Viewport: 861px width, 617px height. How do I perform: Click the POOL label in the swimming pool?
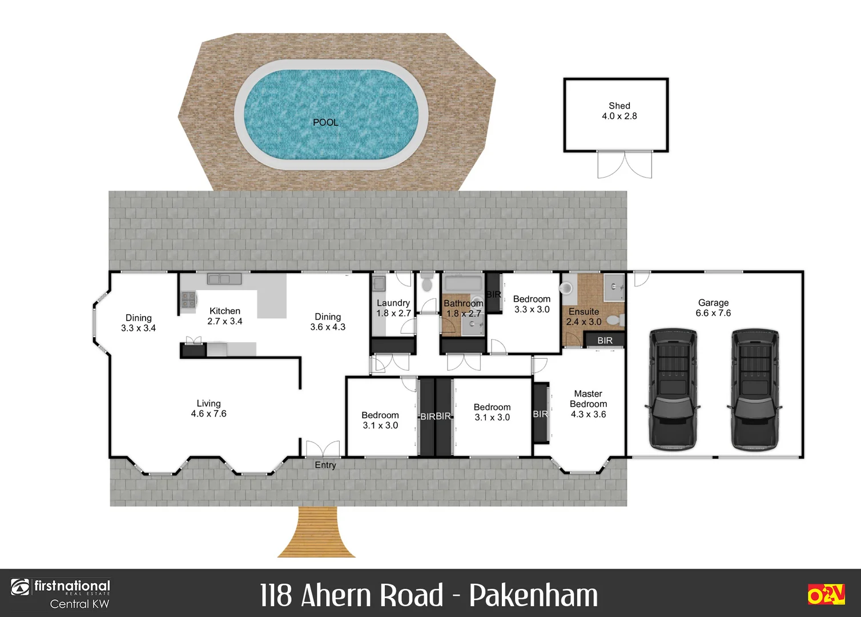coord(325,122)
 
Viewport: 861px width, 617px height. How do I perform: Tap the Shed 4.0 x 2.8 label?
coord(619,111)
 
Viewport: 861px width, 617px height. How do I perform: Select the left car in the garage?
coord(673,389)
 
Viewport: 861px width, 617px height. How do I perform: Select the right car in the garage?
coord(755,389)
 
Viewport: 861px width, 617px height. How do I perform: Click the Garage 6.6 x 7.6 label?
coord(713,308)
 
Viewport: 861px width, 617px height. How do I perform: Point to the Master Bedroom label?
coord(588,403)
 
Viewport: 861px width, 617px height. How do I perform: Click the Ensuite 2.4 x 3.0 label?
coord(584,316)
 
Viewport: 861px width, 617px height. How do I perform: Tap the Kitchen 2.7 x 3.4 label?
coord(224,316)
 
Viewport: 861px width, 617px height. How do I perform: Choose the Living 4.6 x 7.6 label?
coord(208,408)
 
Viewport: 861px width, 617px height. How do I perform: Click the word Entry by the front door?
coord(325,465)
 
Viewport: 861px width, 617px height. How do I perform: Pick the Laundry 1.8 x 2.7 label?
coord(393,308)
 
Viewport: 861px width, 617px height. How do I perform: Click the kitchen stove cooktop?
coord(188,299)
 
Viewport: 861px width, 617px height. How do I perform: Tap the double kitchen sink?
coord(224,279)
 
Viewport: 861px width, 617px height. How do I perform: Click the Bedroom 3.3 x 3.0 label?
coord(532,304)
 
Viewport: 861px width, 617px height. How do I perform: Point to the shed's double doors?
coord(625,165)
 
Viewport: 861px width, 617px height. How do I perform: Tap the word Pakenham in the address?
coord(533,595)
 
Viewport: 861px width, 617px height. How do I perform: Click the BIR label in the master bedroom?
coord(540,414)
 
